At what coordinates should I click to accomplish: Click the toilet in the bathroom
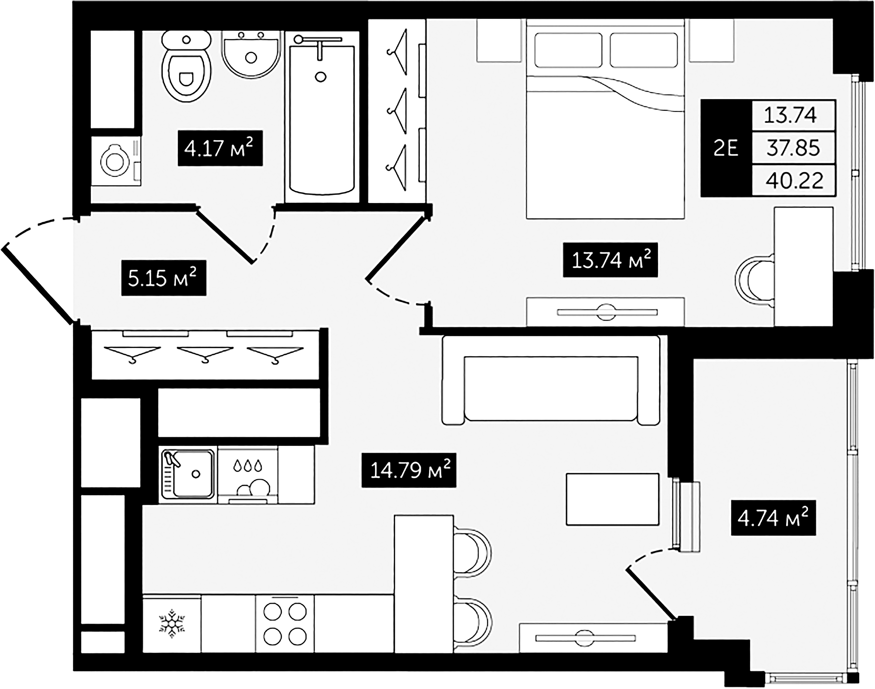pyautogui.click(x=186, y=69)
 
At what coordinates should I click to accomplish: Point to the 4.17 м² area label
pyautogui.click(x=220, y=148)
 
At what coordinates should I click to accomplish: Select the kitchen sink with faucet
pyautogui.click(x=188, y=474)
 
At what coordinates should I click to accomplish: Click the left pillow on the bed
pyautogui.click(x=568, y=50)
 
